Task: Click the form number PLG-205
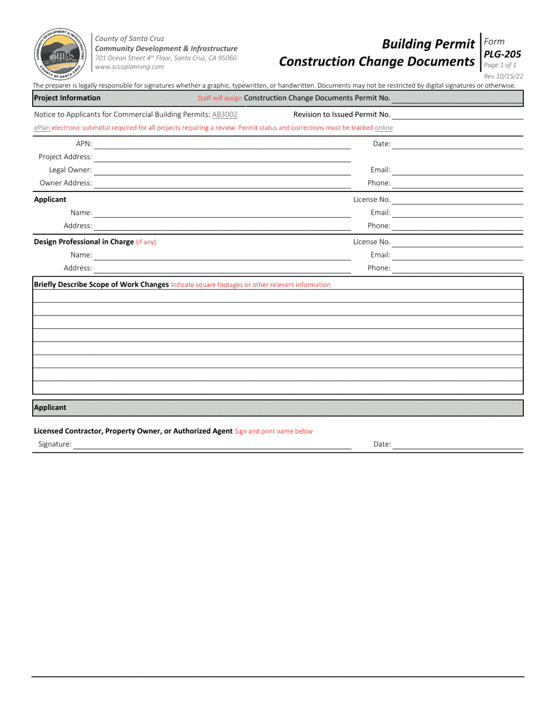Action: [502, 54]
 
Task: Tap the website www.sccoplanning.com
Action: [129, 67]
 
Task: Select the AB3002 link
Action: [225, 115]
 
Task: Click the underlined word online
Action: [384, 128]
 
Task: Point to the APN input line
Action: [222, 144]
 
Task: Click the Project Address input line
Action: [222, 157]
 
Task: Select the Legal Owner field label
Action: [70, 170]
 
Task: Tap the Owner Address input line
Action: [222, 183]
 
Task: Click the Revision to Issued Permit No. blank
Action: [457, 115]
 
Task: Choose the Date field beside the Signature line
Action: [457, 444]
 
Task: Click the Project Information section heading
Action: [67, 98]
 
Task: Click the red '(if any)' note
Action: [146, 242]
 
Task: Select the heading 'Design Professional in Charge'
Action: [84, 242]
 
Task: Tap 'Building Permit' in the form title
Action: [427, 44]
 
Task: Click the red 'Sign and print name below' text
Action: [273, 431]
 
